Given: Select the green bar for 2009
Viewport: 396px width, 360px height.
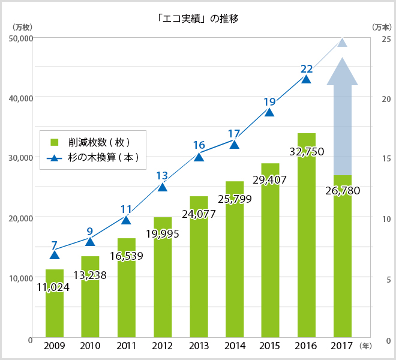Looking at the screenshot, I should click(55, 312).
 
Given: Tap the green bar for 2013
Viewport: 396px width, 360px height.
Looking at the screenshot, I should click(199, 270).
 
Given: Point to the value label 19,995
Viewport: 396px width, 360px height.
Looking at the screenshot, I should click(162, 233).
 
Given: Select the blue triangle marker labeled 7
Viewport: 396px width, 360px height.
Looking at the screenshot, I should click(55, 255).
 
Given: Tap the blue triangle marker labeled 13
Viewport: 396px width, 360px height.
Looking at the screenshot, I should click(163, 187).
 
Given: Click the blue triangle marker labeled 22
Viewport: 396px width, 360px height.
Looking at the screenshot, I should click(307, 79).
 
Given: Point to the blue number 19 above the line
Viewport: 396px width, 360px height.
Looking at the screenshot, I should click(269, 102).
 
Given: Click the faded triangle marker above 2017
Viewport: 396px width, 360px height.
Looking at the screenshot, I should click(343, 43).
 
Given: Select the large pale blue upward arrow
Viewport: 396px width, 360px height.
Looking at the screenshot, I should click(342, 114).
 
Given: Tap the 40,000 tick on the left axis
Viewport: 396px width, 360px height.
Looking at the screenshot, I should click(19, 97).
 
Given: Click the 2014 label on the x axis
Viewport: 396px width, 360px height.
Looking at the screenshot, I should click(235, 346).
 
